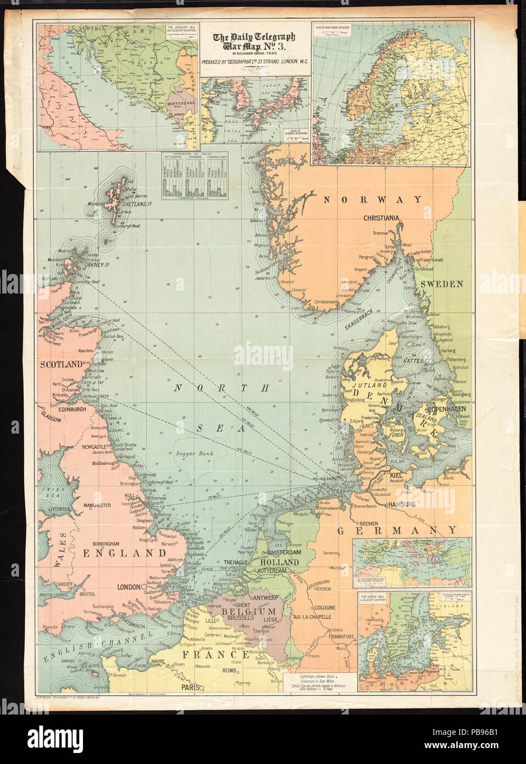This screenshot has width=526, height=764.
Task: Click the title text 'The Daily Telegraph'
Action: click(x=254, y=37)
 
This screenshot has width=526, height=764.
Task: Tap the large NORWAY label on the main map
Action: click(x=372, y=200)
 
